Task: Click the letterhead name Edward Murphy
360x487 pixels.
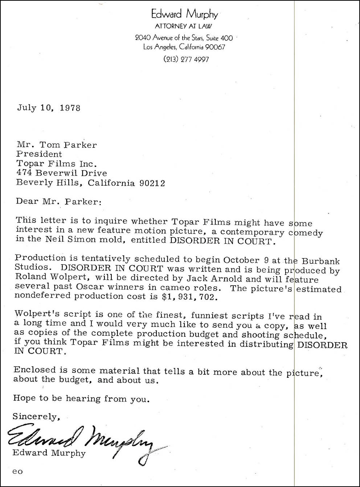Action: pyautogui.click(x=184, y=14)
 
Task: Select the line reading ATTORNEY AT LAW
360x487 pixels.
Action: pyautogui.click(x=183, y=26)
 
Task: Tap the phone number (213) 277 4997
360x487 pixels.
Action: pyautogui.click(x=186, y=59)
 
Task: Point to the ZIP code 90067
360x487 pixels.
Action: pyautogui.click(x=215, y=47)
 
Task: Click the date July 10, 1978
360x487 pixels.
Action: pyautogui.click(x=49, y=108)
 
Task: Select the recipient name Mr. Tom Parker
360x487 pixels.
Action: pyautogui.click(x=57, y=145)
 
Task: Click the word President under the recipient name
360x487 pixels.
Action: pyautogui.click(x=39, y=154)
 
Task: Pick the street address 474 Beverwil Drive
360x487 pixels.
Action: pyautogui.click(x=62, y=173)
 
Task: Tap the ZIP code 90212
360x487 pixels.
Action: pyautogui.click(x=152, y=183)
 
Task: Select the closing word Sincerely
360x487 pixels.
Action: pyautogui.click(x=36, y=417)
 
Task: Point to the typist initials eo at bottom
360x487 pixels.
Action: pyautogui.click(x=17, y=471)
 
